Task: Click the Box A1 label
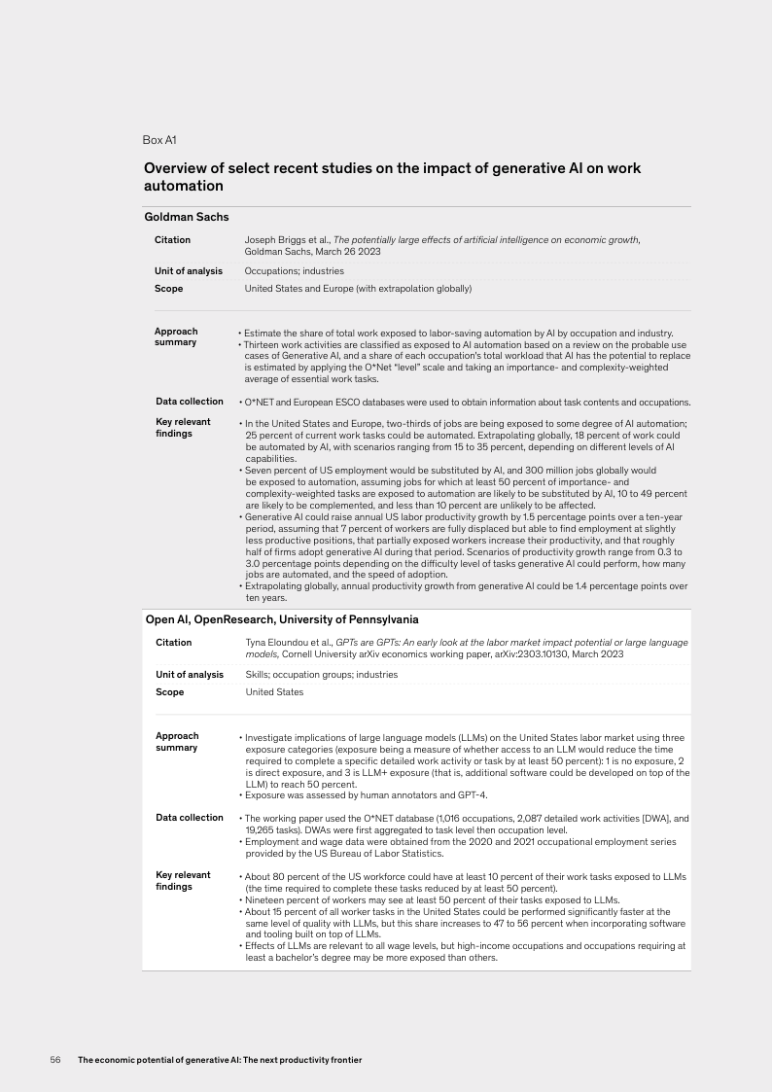[x=158, y=140]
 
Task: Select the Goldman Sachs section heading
[x=187, y=217]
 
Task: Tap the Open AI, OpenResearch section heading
[x=282, y=618]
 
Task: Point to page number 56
[x=55, y=1059]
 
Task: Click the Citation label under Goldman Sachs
[x=173, y=239]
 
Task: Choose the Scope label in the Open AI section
[x=169, y=692]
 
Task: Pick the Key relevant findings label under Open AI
[x=176, y=881]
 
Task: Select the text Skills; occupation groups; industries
[x=321, y=674]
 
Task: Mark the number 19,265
[x=260, y=829]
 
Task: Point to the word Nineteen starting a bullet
[x=265, y=899]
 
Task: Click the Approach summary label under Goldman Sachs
[x=176, y=336]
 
